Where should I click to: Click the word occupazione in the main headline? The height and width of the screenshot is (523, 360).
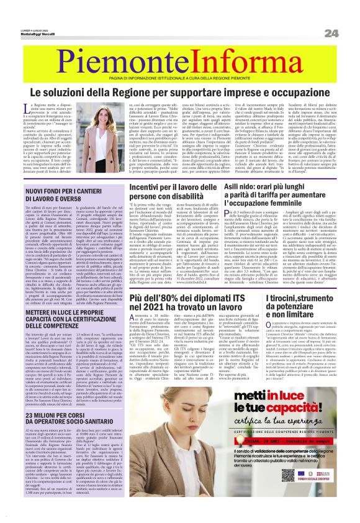[291, 93]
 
